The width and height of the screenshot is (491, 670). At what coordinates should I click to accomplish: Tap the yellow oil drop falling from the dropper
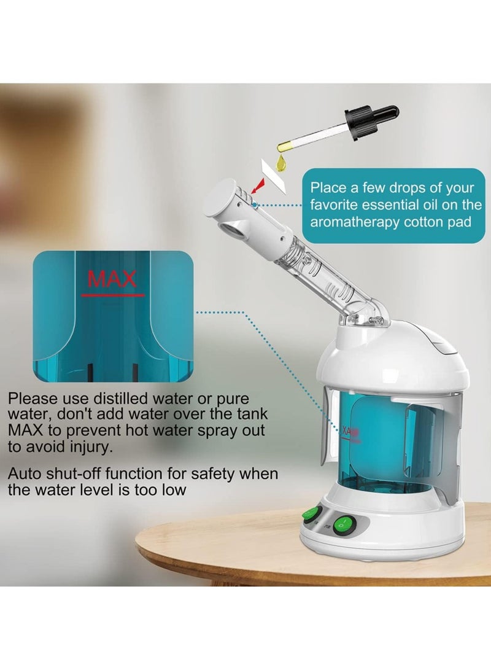pos(282,162)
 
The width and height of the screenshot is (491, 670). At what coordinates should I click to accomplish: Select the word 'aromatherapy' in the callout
pos(348,222)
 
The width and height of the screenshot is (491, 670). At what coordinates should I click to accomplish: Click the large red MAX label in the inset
pos(112,279)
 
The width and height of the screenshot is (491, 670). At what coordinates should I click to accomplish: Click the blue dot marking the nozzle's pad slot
pos(253,203)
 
